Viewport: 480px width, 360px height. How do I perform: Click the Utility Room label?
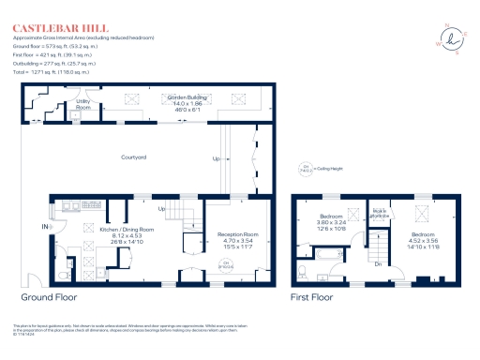83,104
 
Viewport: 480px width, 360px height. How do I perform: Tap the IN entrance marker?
44,227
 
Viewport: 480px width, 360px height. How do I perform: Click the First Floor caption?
311,297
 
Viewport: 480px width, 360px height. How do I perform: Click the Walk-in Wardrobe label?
380,213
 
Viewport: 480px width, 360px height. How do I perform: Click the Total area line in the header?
51,70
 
